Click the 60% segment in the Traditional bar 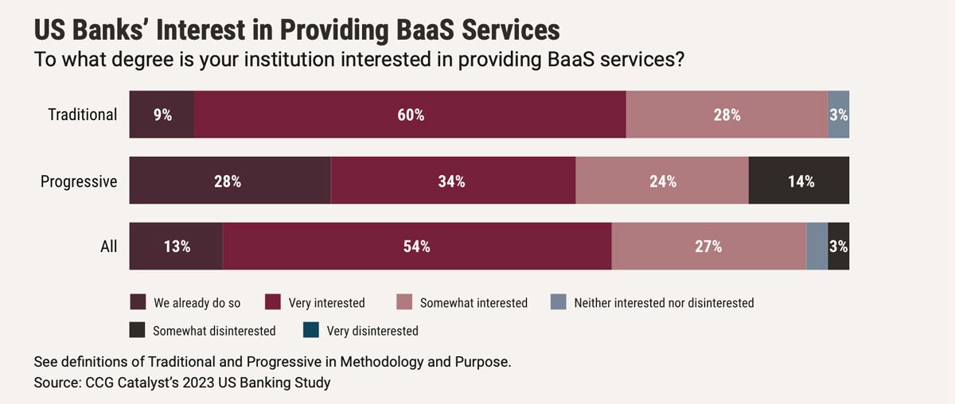click(x=411, y=115)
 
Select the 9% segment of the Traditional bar click(x=162, y=115)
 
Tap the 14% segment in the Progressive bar click(x=799, y=181)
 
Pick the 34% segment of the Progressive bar click(x=453, y=181)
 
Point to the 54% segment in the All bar click(x=417, y=247)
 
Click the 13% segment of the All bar click(x=176, y=247)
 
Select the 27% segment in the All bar click(x=708, y=247)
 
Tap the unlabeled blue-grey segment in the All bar click(x=817, y=247)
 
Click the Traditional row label click(x=83, y=115)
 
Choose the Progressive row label click(x=79, y=181)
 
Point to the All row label click(x=109, y=247)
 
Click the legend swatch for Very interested click(x=273, y=302)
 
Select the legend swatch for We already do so click(x=138, y=302)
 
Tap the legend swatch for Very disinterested click(x=311, y=330)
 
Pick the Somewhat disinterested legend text click(x=215, y=330)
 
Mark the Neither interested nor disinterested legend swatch click(x=558, y=302)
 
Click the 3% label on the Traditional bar click(x=838, y=115)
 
